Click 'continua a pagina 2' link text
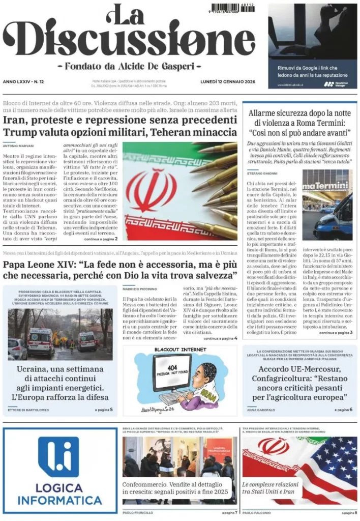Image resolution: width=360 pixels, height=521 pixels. click(x=101, y=238)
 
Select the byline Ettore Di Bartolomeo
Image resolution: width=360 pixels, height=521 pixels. click(x=28, y=410)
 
